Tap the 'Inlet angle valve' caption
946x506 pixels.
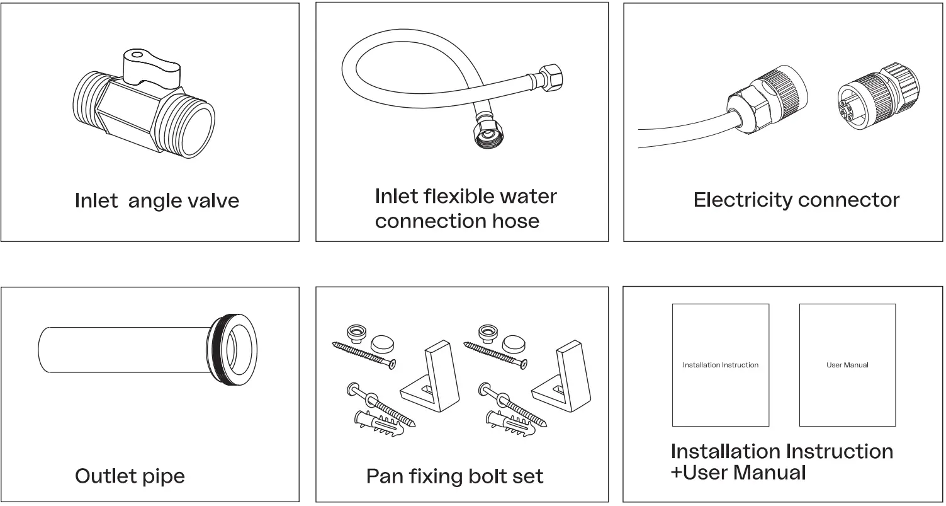[157, 201]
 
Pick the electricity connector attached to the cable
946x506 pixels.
[768, 101]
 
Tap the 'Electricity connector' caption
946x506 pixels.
[796, 200]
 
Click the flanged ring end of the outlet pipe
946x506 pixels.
[233, 348]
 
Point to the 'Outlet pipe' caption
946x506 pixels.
[130, 476]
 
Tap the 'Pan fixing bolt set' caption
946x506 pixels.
[454, 476]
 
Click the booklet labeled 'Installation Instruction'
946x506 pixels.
[721, 365]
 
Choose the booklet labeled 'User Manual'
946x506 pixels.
[847, 365]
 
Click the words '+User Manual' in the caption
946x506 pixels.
[738, 473]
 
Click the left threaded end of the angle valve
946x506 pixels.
[89, 101]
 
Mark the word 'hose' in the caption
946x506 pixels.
[515, 221]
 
